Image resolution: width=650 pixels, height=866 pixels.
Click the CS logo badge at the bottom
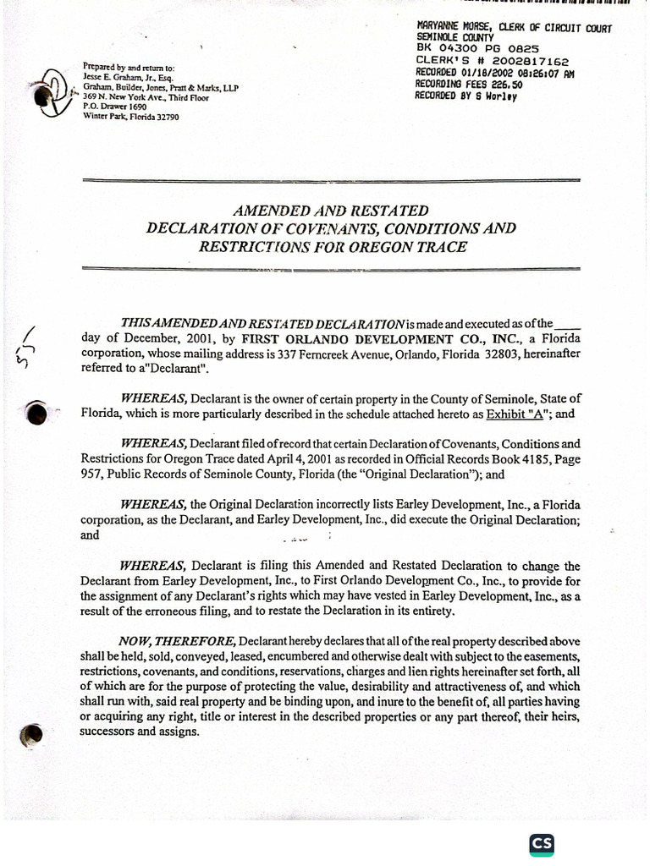[542, 845]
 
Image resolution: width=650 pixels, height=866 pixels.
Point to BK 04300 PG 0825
[477, 50]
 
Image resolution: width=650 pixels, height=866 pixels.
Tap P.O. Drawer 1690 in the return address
[115, 107]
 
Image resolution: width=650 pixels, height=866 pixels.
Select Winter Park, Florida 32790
[131, 117]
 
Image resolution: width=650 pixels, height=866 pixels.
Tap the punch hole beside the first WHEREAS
[36, 412]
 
